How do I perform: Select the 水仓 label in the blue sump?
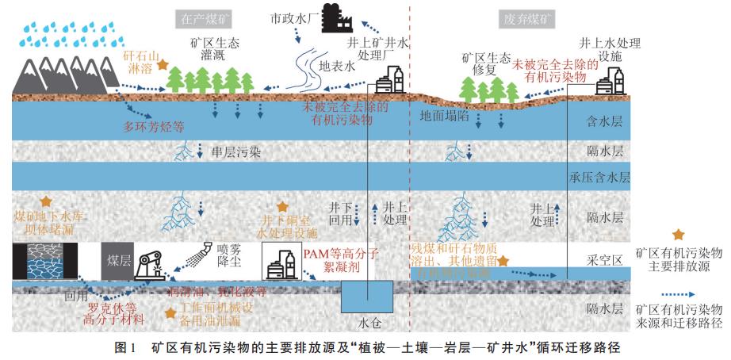pyautogui.click(x=367, y=324)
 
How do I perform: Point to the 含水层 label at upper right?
pyautogui.click(x=600, y=121)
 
